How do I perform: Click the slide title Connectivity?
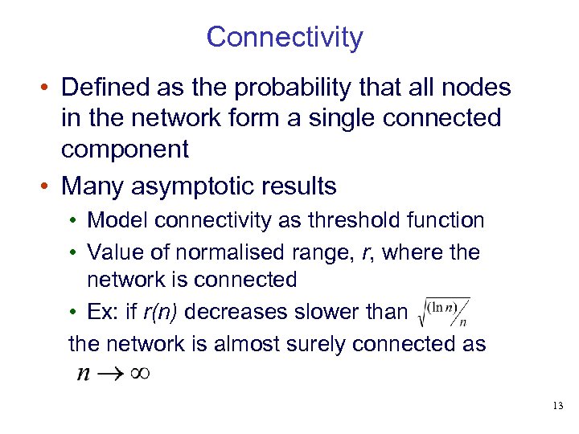pyautogui.click(x=285, y=37)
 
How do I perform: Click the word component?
pyautogui.click(x=125, y=149)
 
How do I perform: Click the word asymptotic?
pyautogui.click(x=198, y=186)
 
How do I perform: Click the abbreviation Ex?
pyautogui.click(x=101, y=312)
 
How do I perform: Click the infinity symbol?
pyautogui.click(x=138, y=374)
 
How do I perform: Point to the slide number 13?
pyautogui.click(x=558, y=407)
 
